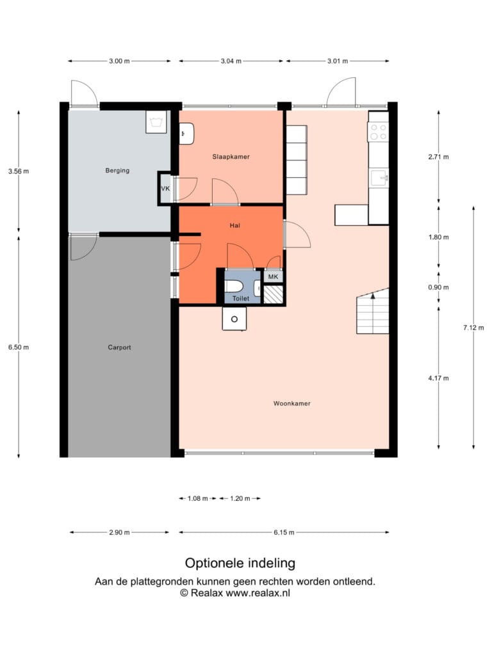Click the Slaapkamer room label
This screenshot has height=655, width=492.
231,157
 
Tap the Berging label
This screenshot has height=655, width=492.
117,170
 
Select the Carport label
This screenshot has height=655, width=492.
119,347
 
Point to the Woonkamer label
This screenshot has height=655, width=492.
292,404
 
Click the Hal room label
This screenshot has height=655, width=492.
234,226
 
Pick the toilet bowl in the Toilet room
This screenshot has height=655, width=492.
233,287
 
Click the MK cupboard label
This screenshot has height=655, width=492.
273,276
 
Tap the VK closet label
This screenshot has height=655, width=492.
165,189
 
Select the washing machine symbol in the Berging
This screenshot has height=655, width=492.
156,122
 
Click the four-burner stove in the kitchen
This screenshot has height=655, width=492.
379,132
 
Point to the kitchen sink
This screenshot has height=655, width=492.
380,178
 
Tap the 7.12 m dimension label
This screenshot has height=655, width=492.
473,328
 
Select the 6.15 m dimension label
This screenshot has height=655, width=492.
284,532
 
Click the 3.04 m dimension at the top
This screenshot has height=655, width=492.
231,61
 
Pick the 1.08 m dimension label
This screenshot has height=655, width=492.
197,498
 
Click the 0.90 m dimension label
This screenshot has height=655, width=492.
438,287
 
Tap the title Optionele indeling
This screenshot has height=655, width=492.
240,563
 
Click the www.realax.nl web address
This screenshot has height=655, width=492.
258,593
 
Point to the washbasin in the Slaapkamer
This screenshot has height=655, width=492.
186,134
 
